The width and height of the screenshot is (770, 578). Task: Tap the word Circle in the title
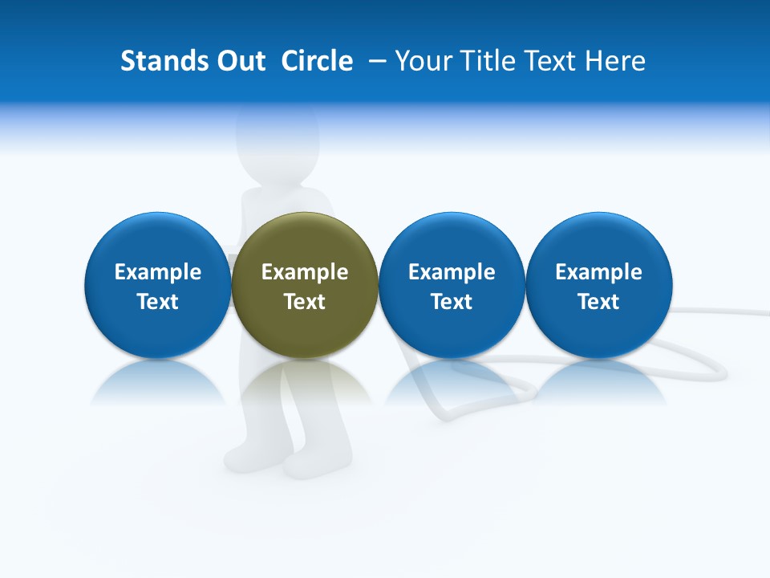click(x=317, y=61)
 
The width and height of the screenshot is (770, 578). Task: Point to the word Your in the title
click(x=423, y=61)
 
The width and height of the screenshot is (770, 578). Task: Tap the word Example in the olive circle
click(x=305, y=272)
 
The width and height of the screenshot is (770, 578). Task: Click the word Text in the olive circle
click(x=305, y=302)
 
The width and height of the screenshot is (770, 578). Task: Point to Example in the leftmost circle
click(x=157, y=272)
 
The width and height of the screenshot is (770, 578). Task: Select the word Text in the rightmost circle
click(x=598, y=302)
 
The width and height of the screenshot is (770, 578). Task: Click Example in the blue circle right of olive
click(x=452, y=272)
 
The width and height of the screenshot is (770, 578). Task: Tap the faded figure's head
click(x=277, y=144)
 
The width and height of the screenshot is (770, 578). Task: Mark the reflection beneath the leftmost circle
click(x=157, y=383)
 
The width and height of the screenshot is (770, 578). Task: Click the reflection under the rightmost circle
click(x=598, y=383)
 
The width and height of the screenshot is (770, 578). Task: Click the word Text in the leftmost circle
click(x=157, y=302)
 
